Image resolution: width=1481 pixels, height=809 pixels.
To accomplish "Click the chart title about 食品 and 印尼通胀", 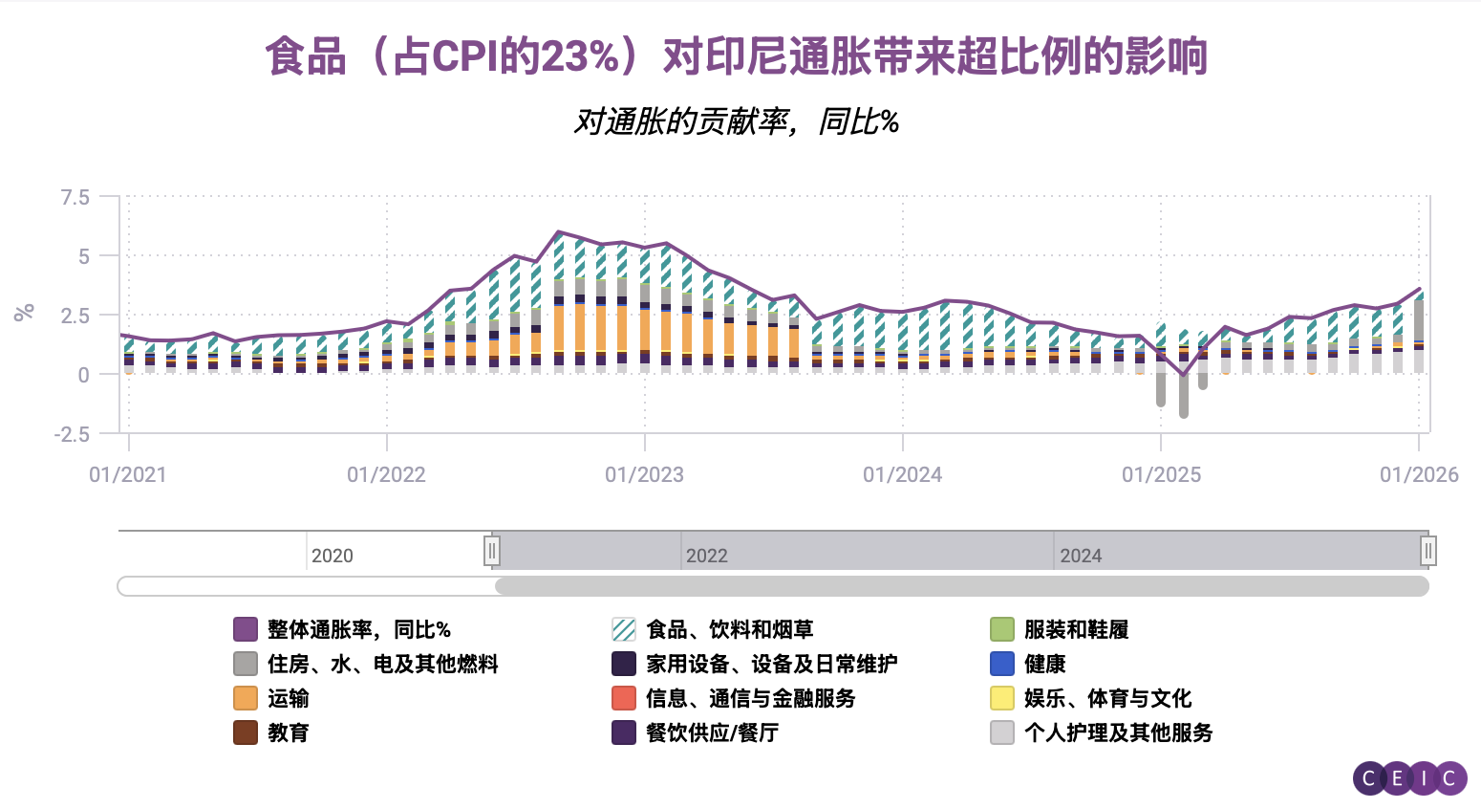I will [x=736, y=56].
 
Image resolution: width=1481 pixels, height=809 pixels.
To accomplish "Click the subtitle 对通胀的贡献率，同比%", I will [x=736, y=121].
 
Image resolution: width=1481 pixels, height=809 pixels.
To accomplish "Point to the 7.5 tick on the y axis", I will [x=75, y=197].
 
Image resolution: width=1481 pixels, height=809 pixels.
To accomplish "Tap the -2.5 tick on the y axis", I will [x=72, y=434].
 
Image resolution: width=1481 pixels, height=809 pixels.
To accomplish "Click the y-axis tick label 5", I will [x=84, y=256].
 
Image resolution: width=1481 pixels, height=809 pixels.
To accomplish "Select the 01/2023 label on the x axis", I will [x=644, y=475].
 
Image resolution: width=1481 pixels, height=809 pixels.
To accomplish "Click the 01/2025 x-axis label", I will [x=1161, y=475].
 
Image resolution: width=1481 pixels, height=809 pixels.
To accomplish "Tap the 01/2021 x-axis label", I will [x=128, y=475].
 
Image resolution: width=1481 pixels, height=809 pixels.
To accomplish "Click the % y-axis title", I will [x=25, y=312].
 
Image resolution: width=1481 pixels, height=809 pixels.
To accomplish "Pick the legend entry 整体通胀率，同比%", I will [x=358, y=629].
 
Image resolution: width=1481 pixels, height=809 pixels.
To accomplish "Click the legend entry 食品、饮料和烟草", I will [x=729, y=629].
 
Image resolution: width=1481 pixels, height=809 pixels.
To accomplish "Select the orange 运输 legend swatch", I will [x=246, y=698].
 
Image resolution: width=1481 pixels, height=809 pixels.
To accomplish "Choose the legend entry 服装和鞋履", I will [x=1076, y=629].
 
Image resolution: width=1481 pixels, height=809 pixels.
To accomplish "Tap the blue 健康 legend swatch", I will [x=1002, y=664].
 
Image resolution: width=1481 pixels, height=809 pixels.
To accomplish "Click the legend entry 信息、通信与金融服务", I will [x=750, y=698].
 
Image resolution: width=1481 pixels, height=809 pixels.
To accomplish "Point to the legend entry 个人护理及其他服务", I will [x=1118, y=732].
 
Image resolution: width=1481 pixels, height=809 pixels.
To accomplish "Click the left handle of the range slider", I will [x=492, y=551].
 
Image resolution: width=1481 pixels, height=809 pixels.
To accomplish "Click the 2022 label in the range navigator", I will [x=707, y=556].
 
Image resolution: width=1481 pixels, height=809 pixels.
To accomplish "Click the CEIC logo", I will [x=1409, y=778].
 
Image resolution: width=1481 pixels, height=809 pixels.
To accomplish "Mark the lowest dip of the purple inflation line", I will [x=1183, y=376].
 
